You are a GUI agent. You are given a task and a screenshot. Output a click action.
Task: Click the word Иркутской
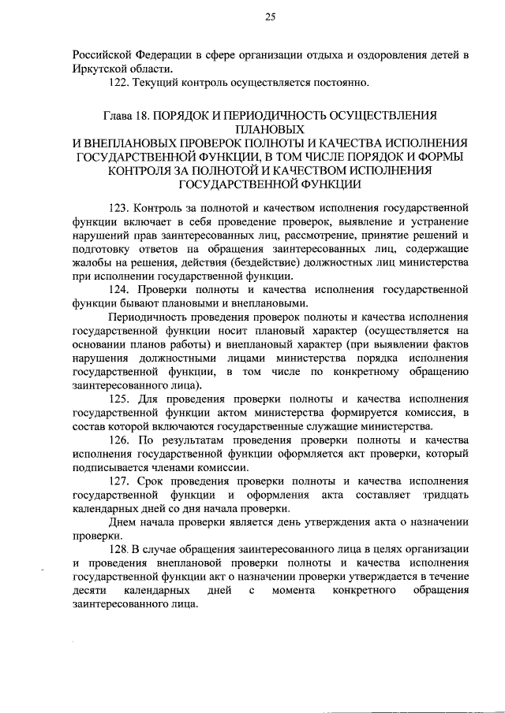[99, 69]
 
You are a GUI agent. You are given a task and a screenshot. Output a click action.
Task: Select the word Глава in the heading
[117, 115]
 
